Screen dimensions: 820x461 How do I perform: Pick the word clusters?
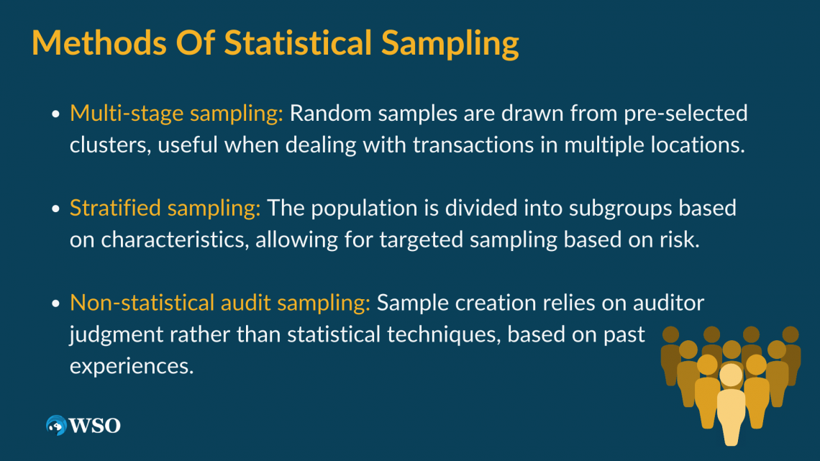pyautogui.click(x=110, y=145)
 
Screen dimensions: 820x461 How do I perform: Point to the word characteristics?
pyautogui.click(x=175, y=240)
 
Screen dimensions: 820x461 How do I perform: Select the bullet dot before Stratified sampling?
pyautogui.click(x=56, y=209)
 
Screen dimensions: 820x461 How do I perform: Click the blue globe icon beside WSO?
pyautogui.click(x=56, y=426)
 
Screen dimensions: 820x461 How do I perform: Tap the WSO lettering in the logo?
pyautogui.click(x=95, y=426)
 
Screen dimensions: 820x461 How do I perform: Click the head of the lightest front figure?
pyautogui.click(x=731, y=375)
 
